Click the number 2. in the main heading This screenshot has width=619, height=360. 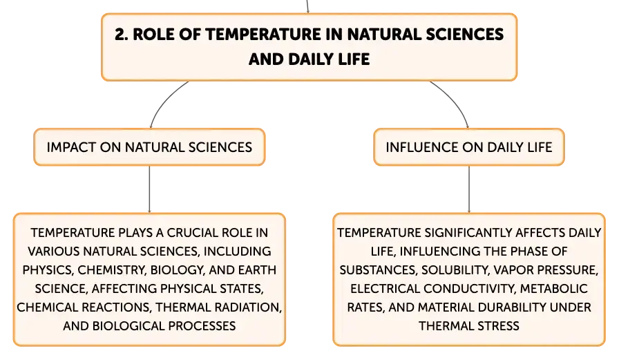coord(121,35)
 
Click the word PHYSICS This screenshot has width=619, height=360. coord(48,270)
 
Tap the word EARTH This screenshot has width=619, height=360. coord(257,270)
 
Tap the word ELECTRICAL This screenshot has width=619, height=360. coord(385,289)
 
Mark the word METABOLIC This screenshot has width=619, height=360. coord(554,289)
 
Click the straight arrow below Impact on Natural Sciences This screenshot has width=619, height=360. coord(149,189)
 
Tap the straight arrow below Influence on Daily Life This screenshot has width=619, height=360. coord(469,189)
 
